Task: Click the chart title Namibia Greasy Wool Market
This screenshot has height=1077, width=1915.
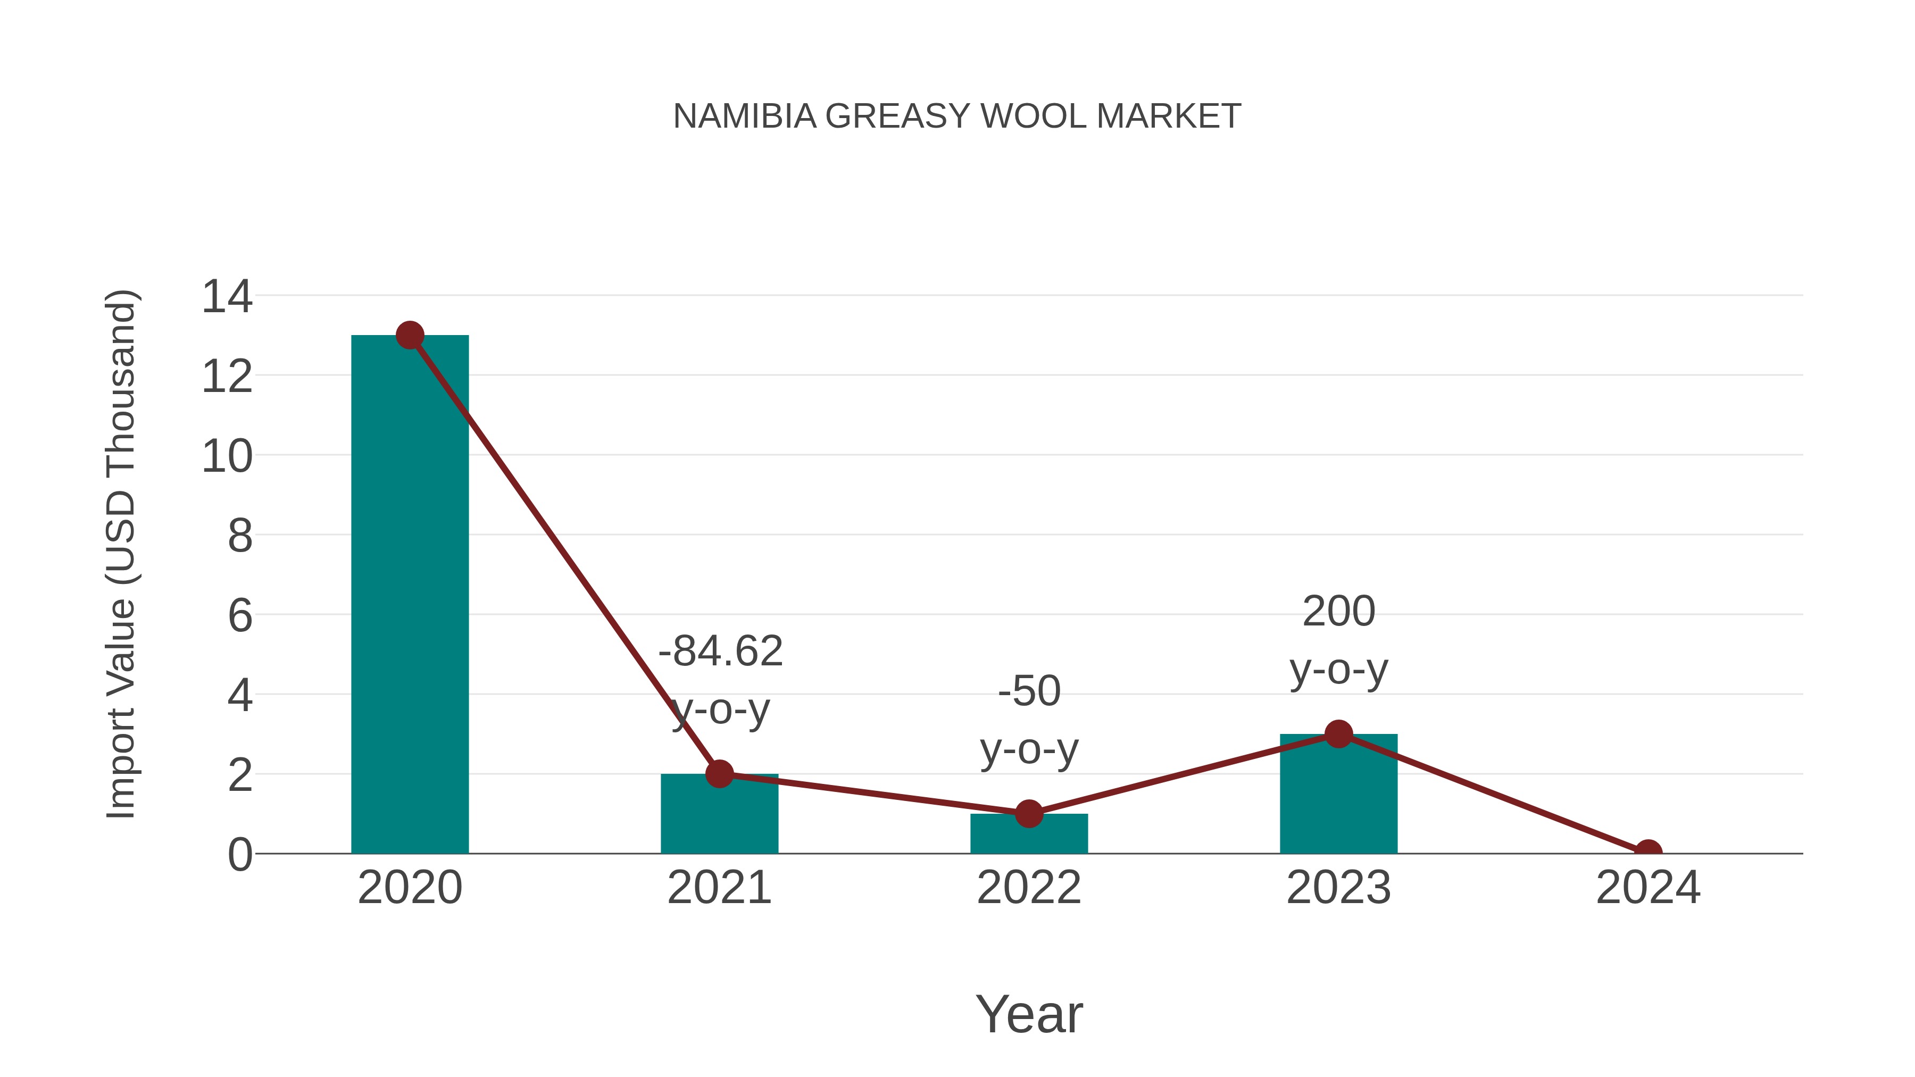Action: (957, 116)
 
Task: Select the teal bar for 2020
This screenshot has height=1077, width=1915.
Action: (410, 595)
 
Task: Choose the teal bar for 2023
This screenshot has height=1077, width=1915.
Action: (1338, 795)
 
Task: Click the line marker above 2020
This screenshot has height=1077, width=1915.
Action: (410, 335)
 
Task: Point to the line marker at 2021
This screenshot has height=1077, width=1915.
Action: (719, 774)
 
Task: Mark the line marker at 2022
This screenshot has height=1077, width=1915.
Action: (1029, 814)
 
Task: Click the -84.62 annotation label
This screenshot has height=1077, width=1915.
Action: (720, 652)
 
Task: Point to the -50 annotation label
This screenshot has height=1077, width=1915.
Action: (1029, 691)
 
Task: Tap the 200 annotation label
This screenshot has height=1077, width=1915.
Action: (1338, 612)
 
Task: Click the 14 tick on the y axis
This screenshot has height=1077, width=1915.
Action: (227, 297)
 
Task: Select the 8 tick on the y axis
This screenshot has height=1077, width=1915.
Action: (239, 536)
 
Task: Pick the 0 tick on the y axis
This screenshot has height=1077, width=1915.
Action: (239, 855)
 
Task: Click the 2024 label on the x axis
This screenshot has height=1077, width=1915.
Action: (1648, 888)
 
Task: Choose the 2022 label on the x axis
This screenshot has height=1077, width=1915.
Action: (1029, 888)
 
